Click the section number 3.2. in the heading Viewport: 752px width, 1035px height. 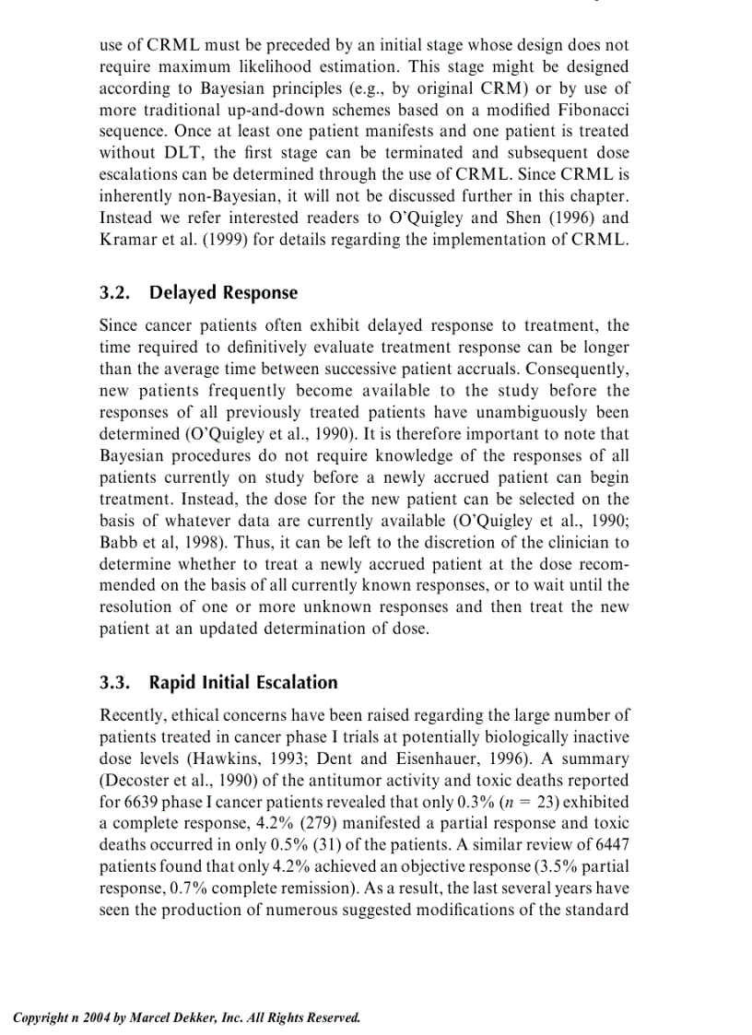click(x=119, y=292)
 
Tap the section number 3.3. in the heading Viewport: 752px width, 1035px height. click(x=119, y=682)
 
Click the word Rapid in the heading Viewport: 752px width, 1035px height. click(x=174, y=682)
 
